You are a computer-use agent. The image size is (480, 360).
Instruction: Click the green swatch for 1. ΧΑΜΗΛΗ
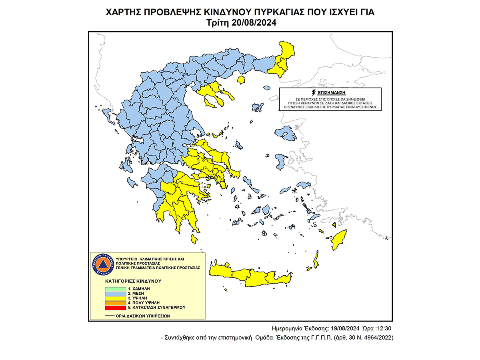tap(115, 288)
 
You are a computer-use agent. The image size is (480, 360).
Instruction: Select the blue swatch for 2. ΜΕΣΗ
tap(115, 293)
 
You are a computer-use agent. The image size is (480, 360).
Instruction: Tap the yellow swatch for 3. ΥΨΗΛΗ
tap(115, 298)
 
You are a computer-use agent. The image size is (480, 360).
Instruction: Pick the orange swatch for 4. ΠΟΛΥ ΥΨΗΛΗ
tap(115, 303)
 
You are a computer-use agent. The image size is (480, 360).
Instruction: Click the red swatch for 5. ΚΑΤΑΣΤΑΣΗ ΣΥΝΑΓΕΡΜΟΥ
tap(115, 308)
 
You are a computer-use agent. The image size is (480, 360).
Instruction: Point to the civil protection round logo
tap(104, 264)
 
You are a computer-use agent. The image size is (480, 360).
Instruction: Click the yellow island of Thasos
tap(241, 80)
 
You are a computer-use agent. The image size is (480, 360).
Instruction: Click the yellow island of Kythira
tap(194, 239)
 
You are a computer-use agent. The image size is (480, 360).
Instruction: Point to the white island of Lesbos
tap(286, 134)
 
